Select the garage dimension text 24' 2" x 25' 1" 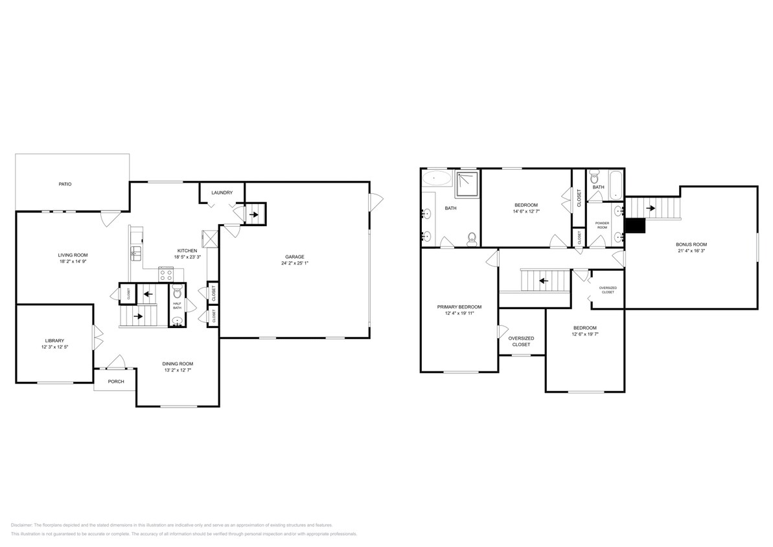tap(295, 264)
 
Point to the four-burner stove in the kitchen tap(166, 274)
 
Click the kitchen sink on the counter tap(136, 253)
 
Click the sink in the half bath tap(177, 320)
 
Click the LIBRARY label tap(54, 341)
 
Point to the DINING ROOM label tap(178, 364)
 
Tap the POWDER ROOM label tap(602, 225)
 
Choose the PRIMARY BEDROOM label tap(459, 307)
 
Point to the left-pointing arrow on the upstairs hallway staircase tap(543, 281)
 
